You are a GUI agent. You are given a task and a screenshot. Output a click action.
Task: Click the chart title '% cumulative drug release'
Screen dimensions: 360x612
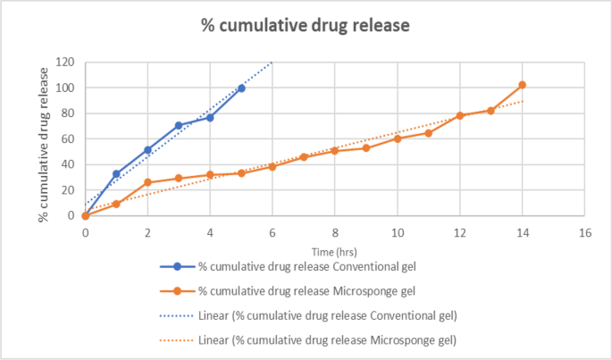(305, 25)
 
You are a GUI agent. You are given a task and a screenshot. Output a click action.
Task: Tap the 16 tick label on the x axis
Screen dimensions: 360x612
(585, 232)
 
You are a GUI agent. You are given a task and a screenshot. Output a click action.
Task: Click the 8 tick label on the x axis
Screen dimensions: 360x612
(335, 232)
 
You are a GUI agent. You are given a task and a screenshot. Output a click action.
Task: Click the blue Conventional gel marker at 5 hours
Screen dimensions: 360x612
(241, 88)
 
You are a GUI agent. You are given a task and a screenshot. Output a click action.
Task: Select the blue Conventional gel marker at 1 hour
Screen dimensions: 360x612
(116, 174)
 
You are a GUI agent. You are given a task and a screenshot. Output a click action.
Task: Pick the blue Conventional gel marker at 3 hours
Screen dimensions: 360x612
(179, 126)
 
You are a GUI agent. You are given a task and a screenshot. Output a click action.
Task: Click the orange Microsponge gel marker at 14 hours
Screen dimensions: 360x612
(523, 85)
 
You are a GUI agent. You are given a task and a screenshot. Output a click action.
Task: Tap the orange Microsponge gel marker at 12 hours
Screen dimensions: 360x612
(460, 115)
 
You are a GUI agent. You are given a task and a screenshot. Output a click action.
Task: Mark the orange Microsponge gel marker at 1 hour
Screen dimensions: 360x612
(116, 204)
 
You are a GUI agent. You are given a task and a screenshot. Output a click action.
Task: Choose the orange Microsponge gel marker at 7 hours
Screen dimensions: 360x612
(304, 156)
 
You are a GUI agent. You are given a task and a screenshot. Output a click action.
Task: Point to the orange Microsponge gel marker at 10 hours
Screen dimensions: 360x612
(398, 138)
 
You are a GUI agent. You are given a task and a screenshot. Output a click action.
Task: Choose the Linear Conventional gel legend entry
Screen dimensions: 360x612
(308, 315)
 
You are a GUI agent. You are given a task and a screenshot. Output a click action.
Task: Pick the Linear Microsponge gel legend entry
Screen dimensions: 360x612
(308, 339)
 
